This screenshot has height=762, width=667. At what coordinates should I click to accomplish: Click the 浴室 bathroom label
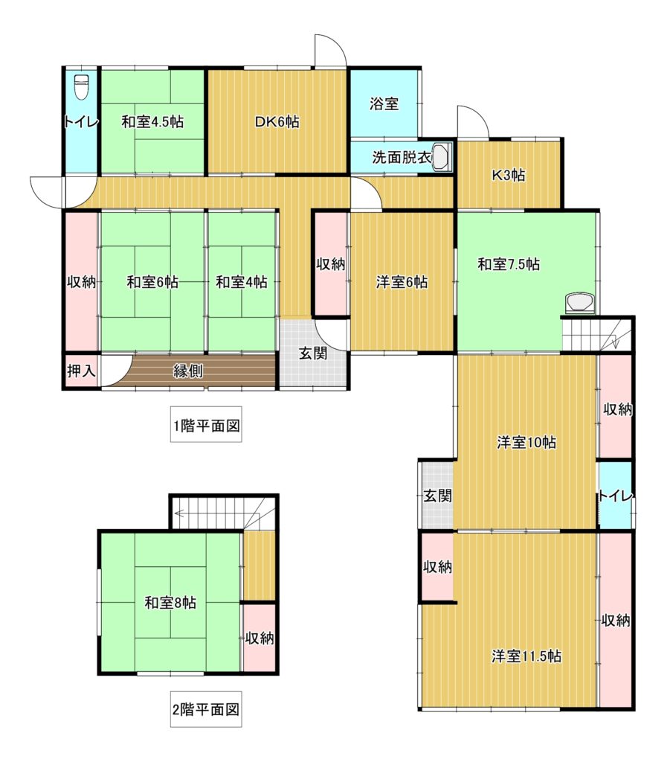click(x=384, y=103)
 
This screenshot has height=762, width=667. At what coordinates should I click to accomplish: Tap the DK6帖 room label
click(x=277, y=121)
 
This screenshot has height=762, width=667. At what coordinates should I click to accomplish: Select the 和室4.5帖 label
click(x=152, y=121)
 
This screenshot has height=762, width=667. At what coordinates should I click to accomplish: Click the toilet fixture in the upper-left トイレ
click(x=82, y=87)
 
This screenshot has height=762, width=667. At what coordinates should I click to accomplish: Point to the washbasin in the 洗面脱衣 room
click(x=441, y=156)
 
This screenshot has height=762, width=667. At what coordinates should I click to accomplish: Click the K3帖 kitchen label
click(x=509, y=175)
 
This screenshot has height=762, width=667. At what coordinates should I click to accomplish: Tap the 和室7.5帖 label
click(x=509, y=264)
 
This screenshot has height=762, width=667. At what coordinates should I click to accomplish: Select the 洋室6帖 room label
click(x=402, y=282)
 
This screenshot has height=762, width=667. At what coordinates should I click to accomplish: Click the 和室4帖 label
click(x=241, y=282)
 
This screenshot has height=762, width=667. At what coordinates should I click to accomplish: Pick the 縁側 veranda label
click(x=188, y=371)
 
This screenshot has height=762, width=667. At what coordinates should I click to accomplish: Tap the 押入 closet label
click(x=82, y=371)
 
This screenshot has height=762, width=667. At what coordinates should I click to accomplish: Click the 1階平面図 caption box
click(x=206, y=425)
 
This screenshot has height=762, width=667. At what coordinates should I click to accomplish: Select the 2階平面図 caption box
click(x=206, y=709)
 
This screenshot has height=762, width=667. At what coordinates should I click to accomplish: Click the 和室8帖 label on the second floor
click(x=170, y=603)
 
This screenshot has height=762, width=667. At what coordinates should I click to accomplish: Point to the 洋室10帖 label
click(x=526, y=443)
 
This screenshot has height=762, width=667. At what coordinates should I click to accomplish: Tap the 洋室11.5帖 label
click(x=526, y=656)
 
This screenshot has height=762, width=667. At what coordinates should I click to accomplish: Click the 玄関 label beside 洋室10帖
click(x=437, y=496)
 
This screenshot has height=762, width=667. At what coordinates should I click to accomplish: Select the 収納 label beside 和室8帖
click(x=260, y=638)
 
